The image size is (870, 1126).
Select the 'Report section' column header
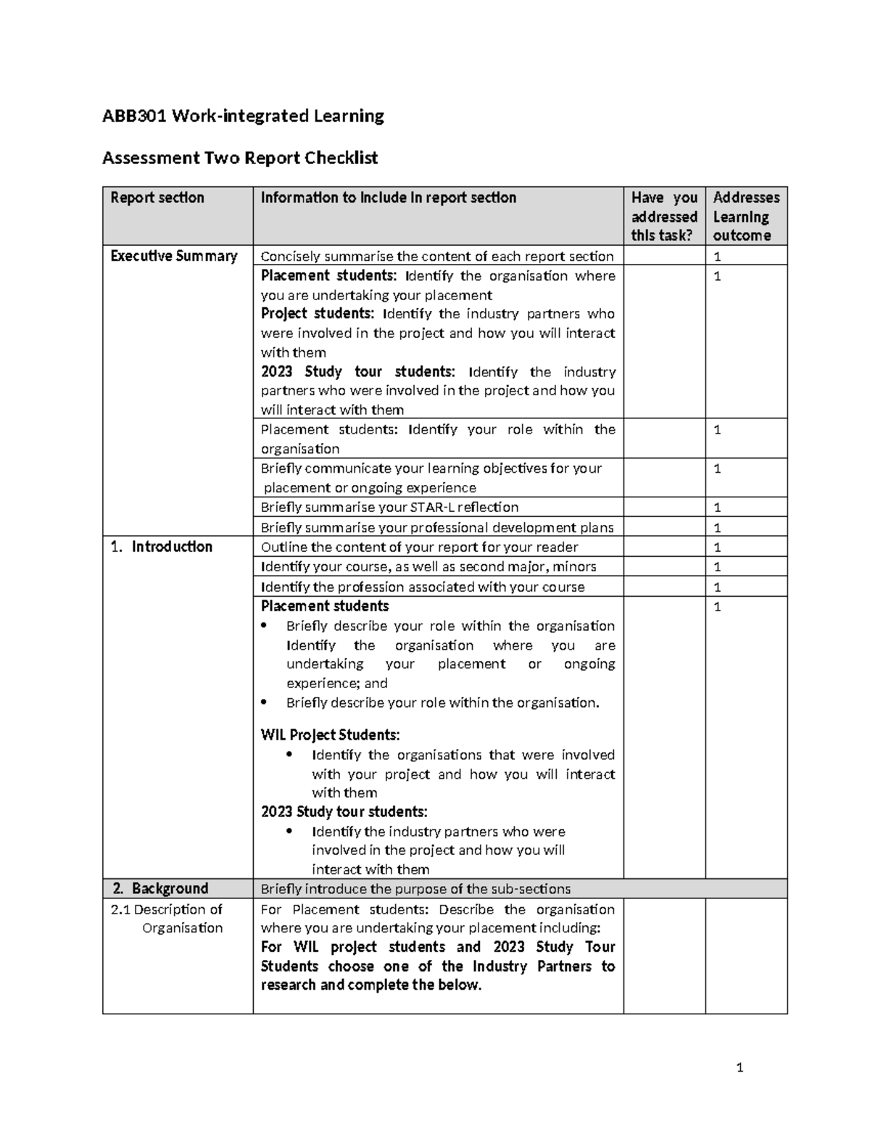click(x=157, y=198)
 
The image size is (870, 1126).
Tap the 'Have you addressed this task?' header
click(x=664, y=216)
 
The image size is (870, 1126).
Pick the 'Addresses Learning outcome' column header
click(x=746, y=216)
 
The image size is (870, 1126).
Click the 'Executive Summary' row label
click(x=173, y=256)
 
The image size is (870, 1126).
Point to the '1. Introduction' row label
click(x=162, y=547)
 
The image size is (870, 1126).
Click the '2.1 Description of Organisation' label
click(x=168, y=919)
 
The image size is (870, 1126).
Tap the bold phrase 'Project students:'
click(x=317, y=314)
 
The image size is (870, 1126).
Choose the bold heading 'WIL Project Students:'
click(x=330, y=735)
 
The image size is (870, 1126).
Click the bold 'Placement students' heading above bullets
click(x=325, y=606)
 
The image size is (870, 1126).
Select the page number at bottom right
click(x=739, y=1067)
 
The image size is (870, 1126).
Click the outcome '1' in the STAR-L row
click(x=717, y=508)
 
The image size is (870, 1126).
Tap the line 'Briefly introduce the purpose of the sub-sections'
click(x=415, y=889)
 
